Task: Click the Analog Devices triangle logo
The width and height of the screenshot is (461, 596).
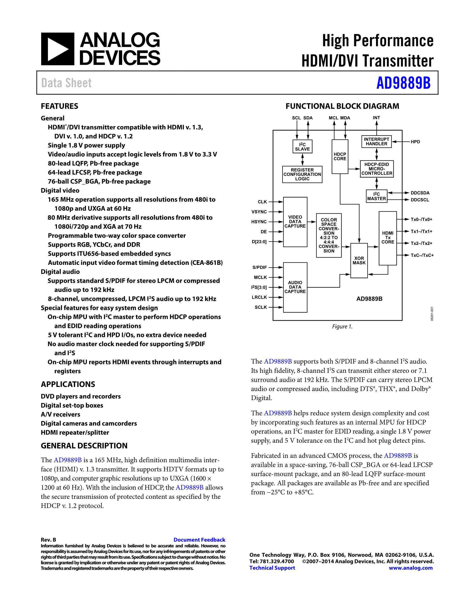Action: click(x=58, y=49)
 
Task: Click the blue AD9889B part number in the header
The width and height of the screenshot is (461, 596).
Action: click(x=403, y=83)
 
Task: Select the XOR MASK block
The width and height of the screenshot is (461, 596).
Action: click(x=359, y=260)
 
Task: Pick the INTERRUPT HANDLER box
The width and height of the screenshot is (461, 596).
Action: click(x=376, y=142)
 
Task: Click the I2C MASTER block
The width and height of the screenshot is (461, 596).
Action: click(x=376, y=196)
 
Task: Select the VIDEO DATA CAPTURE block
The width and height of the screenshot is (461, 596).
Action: click(x=295, y=222)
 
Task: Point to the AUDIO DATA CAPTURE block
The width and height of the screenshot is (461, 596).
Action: click(x=295, y=287)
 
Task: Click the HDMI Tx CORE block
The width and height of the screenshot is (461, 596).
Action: click(x=388, y=238)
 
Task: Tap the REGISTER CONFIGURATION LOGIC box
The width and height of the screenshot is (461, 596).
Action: click(x=302, y=174)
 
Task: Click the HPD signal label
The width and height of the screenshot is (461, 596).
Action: click(x=415, y=142)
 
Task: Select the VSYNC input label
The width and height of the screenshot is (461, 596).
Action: click(x=259, y=212)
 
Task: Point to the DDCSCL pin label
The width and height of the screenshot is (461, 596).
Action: click(x=420, y=200)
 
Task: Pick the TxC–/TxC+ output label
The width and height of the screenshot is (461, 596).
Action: click(x=422, y=255)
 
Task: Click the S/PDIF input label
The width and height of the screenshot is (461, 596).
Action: click(x=260, y=268)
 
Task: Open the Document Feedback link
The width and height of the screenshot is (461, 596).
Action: click(x=199, y=540)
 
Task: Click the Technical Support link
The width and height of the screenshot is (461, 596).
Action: click(x=272, y=568)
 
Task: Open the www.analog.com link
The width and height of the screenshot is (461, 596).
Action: click(x=411, y=568)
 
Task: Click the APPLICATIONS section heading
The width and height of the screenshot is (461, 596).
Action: click(x=68, y=384)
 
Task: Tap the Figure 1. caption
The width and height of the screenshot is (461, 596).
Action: click(x=342, y=327)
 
